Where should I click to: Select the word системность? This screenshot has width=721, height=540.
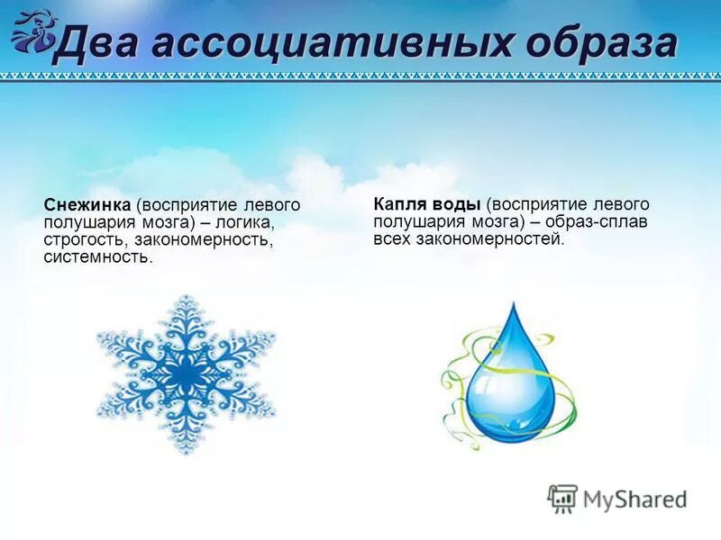[x=98, y=257]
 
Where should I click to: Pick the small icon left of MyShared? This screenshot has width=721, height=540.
[x=561, y=498]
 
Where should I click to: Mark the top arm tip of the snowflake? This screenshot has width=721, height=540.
[x=186, y=297]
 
